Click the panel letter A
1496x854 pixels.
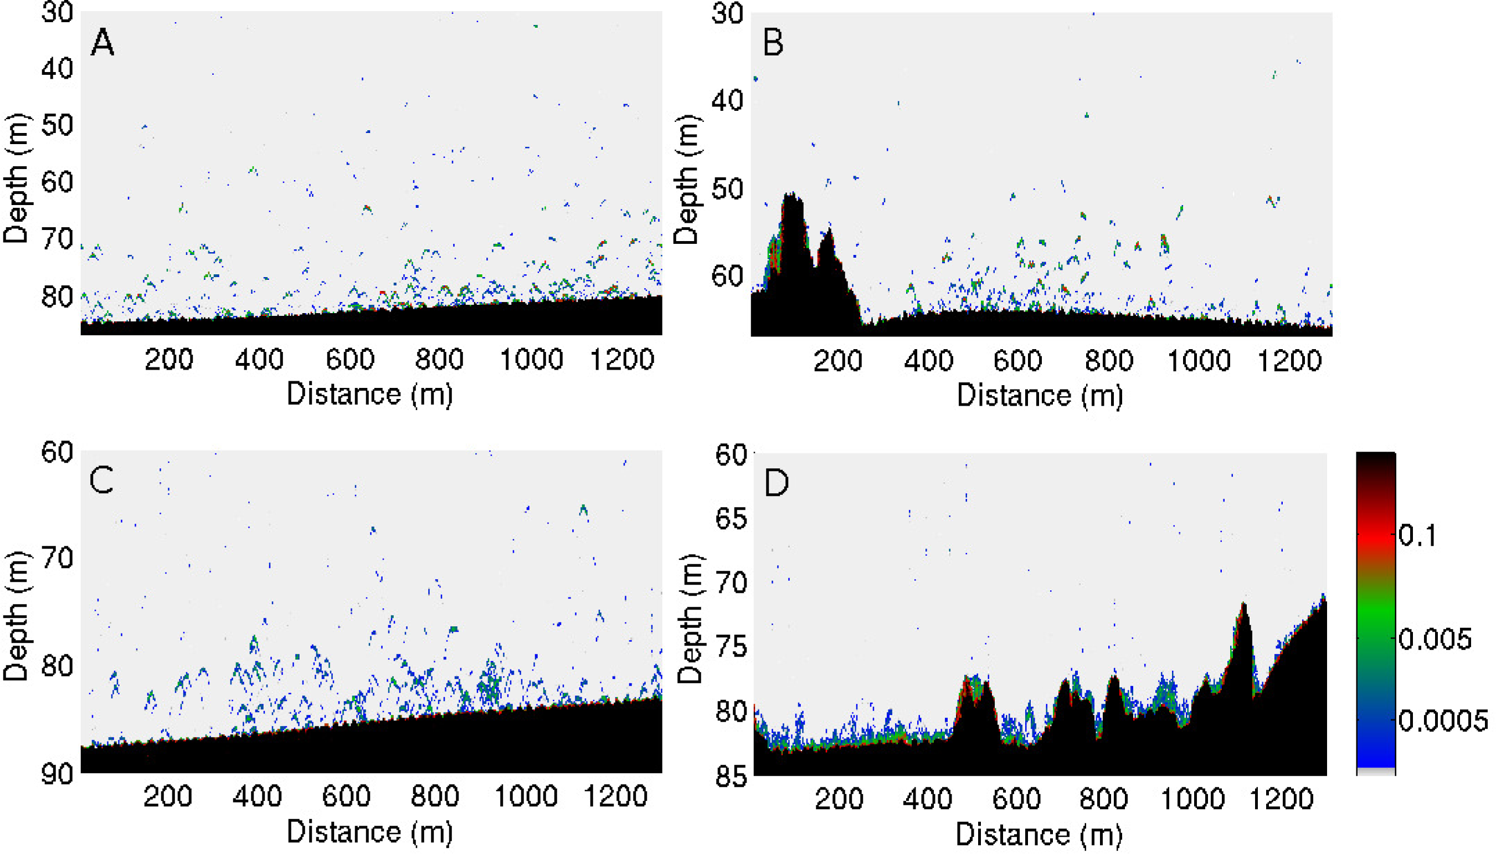tap(102, 43)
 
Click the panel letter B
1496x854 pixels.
tap(773, 43)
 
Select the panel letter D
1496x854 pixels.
tap(776, 483)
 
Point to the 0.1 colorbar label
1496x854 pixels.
tap(1417, 535)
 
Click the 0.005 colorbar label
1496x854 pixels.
tap(1435, 639)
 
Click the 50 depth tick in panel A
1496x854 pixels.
tap(57, 125)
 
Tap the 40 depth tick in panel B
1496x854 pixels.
tap(727, 100)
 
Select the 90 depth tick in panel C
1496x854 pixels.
tap(57, 774)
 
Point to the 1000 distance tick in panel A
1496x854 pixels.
tap(531, 359)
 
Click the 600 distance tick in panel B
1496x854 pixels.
tap(1017, 360)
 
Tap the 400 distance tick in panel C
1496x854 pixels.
tap(258, 796)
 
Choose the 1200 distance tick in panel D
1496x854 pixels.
tap(1282, 799)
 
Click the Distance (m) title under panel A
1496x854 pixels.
tap(370, 393)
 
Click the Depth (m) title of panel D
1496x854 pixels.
tap(690, 619)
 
